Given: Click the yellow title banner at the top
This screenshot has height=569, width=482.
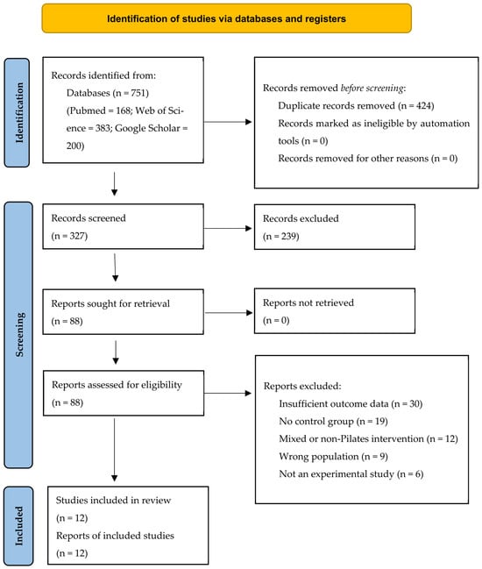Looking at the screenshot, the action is tap(227, 18).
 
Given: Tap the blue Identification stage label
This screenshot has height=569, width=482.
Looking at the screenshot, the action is tap(17, 112).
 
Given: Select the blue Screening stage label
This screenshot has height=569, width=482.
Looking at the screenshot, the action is tap(18, 335).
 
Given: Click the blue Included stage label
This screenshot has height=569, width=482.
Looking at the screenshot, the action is tap(18, 526).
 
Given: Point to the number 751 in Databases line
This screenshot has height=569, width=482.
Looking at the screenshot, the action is tap(138, 93).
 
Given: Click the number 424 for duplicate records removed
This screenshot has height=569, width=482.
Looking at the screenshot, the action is tap(423, 105).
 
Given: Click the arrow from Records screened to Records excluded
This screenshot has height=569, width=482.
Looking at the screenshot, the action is tap(228, 228).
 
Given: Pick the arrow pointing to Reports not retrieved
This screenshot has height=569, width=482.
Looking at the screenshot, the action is tap(229, 312).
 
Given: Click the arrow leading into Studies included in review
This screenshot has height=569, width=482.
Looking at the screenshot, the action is tap(114, 450).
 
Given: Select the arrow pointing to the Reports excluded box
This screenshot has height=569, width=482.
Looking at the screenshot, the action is tap(228, 393).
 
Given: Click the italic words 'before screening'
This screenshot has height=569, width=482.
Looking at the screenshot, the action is tap(372, 89).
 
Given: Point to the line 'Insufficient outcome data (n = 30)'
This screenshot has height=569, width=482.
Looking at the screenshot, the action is tap(351, 404).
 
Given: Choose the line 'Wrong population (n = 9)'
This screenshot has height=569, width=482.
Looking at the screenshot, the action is tap(333, 457).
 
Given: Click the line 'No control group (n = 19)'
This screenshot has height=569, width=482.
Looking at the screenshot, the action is tap(333, 422).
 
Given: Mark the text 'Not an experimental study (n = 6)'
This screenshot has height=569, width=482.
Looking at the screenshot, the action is tap(351, 474).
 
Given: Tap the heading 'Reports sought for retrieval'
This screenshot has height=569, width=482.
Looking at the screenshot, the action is tap(110, 303).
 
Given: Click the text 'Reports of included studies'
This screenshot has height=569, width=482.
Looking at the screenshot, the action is tap(115, 536).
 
